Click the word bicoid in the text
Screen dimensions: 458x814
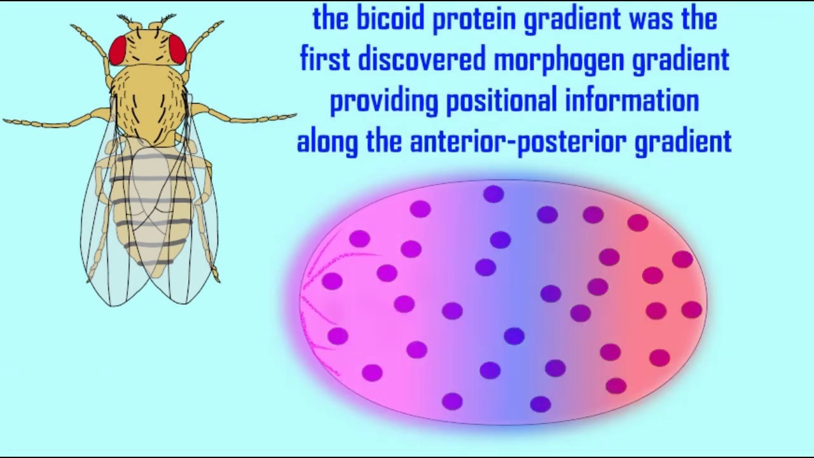coord(389,19)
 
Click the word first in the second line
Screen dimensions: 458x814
coord(324,59)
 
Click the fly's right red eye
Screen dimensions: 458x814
coord(177,49)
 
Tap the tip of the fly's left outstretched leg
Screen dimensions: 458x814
coord(6,120)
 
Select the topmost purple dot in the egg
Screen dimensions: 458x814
coord(493,194)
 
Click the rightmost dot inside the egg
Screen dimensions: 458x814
coord(691,310)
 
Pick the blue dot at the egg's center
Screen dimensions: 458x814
coord(514,337)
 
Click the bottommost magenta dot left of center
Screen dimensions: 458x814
coord(452,401)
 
